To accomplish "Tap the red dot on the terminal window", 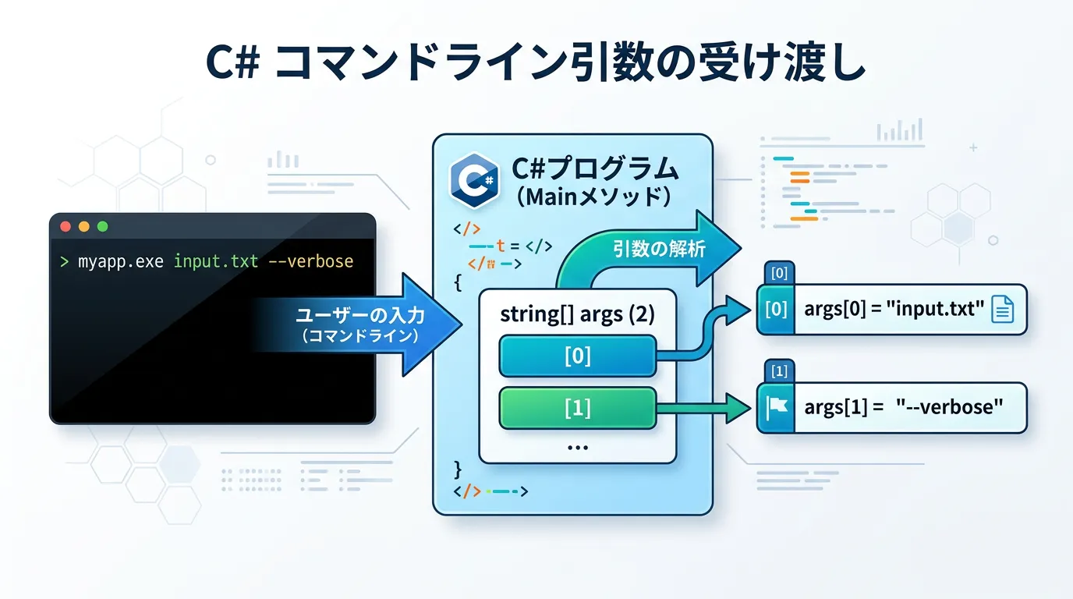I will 66,227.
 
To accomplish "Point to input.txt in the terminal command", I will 215,261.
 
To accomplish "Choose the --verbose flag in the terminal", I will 310,261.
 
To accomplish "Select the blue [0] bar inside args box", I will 576,356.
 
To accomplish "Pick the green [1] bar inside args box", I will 576,408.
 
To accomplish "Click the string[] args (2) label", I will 576,314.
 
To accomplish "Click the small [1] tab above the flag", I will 777,371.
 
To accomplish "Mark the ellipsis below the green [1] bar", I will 577,448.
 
